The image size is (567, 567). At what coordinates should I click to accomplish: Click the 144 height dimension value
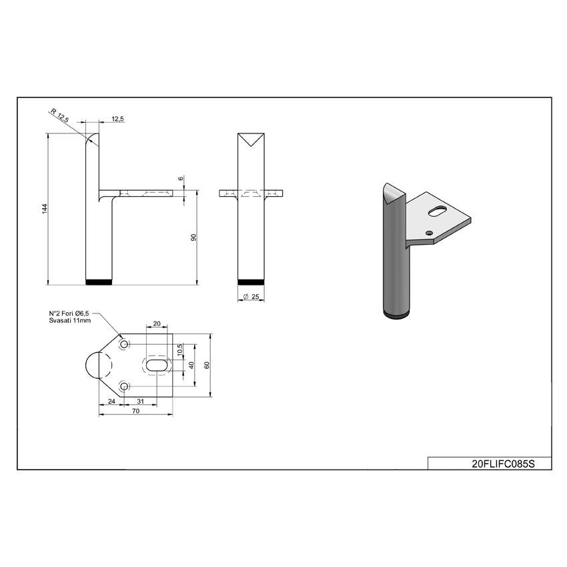pos(45,209)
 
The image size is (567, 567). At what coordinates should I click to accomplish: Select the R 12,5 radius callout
pos(59,115)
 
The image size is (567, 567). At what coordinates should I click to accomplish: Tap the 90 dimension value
pos(194,237)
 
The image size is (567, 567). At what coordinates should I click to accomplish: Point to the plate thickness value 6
pos(181,178)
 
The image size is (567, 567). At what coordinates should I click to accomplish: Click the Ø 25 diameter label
pos(251,297)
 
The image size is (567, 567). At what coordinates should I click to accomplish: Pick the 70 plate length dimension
pos(135,411)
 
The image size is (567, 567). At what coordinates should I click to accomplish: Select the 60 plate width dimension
pos(207,366)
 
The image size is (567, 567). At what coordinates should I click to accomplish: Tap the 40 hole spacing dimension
pos(191,366)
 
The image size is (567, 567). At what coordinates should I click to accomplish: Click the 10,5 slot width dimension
pos(180,350)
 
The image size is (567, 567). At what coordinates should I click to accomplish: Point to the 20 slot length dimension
pos(157,324)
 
